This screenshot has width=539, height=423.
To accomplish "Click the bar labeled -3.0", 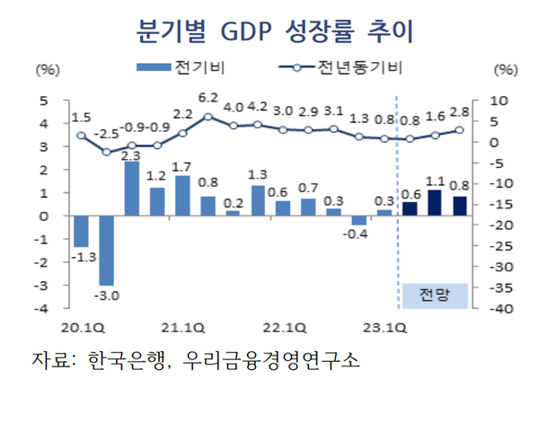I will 106,250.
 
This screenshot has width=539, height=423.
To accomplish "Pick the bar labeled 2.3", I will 131,189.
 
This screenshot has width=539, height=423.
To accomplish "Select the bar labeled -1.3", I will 81,231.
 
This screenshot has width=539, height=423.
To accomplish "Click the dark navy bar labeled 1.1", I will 435,203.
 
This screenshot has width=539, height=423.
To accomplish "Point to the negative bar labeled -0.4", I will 359,220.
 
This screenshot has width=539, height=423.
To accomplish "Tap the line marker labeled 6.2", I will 208,116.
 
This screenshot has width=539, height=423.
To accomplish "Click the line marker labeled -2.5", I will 106,152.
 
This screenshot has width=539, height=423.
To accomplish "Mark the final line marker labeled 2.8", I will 459,130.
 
